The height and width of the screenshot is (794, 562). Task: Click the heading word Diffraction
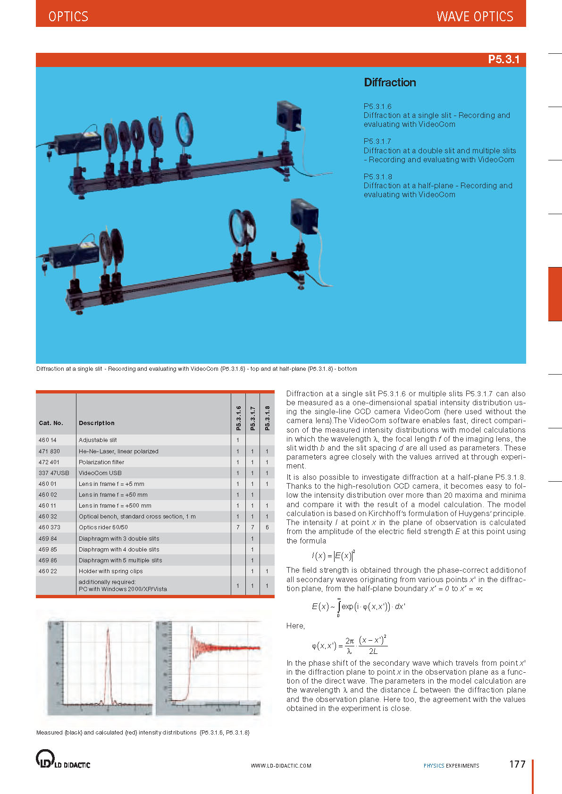pyautogui.click(x=390, y=83)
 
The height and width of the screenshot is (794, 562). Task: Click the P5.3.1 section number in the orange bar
pyautogui.click(x=503, y=59)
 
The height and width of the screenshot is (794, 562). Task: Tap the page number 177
pyautogui.click(x=517, y=764)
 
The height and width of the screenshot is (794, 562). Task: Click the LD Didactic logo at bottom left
pyautogui.click(x=63, y=759)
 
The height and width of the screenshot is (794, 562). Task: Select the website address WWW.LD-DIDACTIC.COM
pyautogui.click(x=281, y=766)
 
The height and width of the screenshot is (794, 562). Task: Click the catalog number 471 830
pyautogui.click(x=49, y=451)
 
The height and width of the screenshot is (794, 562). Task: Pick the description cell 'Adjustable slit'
pyautogui.click(x=98, y=440)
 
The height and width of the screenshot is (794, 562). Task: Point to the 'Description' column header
pyautogui.click(x=96, y=423)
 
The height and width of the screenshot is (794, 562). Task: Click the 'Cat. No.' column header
pyautogui.click(x=51, y=423)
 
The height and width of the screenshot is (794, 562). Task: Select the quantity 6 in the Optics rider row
pyautogui.click(x=267, y=527)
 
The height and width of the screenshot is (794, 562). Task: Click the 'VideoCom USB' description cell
pyautogui.click(x=100, y=473)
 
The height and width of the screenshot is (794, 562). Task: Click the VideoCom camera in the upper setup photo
pyautogui.click(x=289, y=115)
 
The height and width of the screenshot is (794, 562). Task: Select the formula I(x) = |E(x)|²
pyautogui.click(x=333, y=555)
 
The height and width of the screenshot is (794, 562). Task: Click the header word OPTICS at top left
pyautogui.click(x=68, y=17)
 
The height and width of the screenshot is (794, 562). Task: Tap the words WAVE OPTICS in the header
pyautogui.click(x=475, y=17)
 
